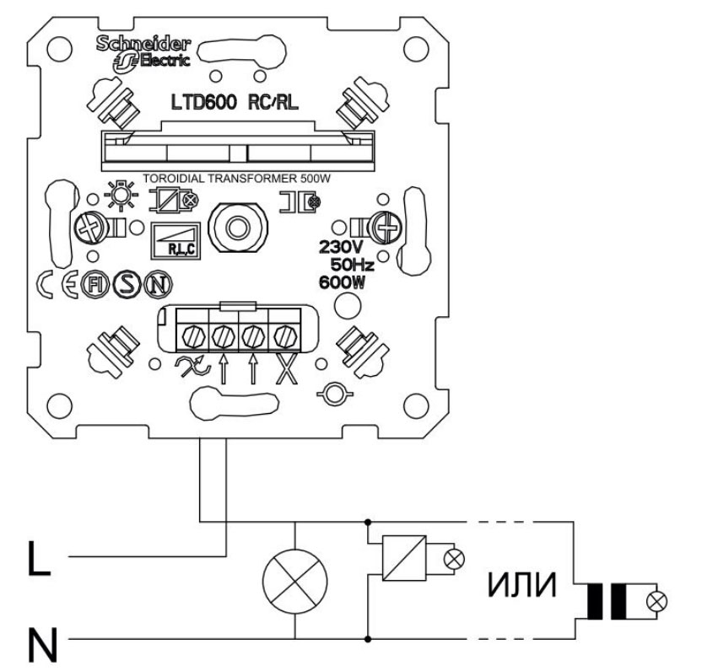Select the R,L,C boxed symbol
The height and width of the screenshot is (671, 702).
175,241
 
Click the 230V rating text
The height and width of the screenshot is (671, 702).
342,248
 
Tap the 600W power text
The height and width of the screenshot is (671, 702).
342,282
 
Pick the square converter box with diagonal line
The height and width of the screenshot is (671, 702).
400,559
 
